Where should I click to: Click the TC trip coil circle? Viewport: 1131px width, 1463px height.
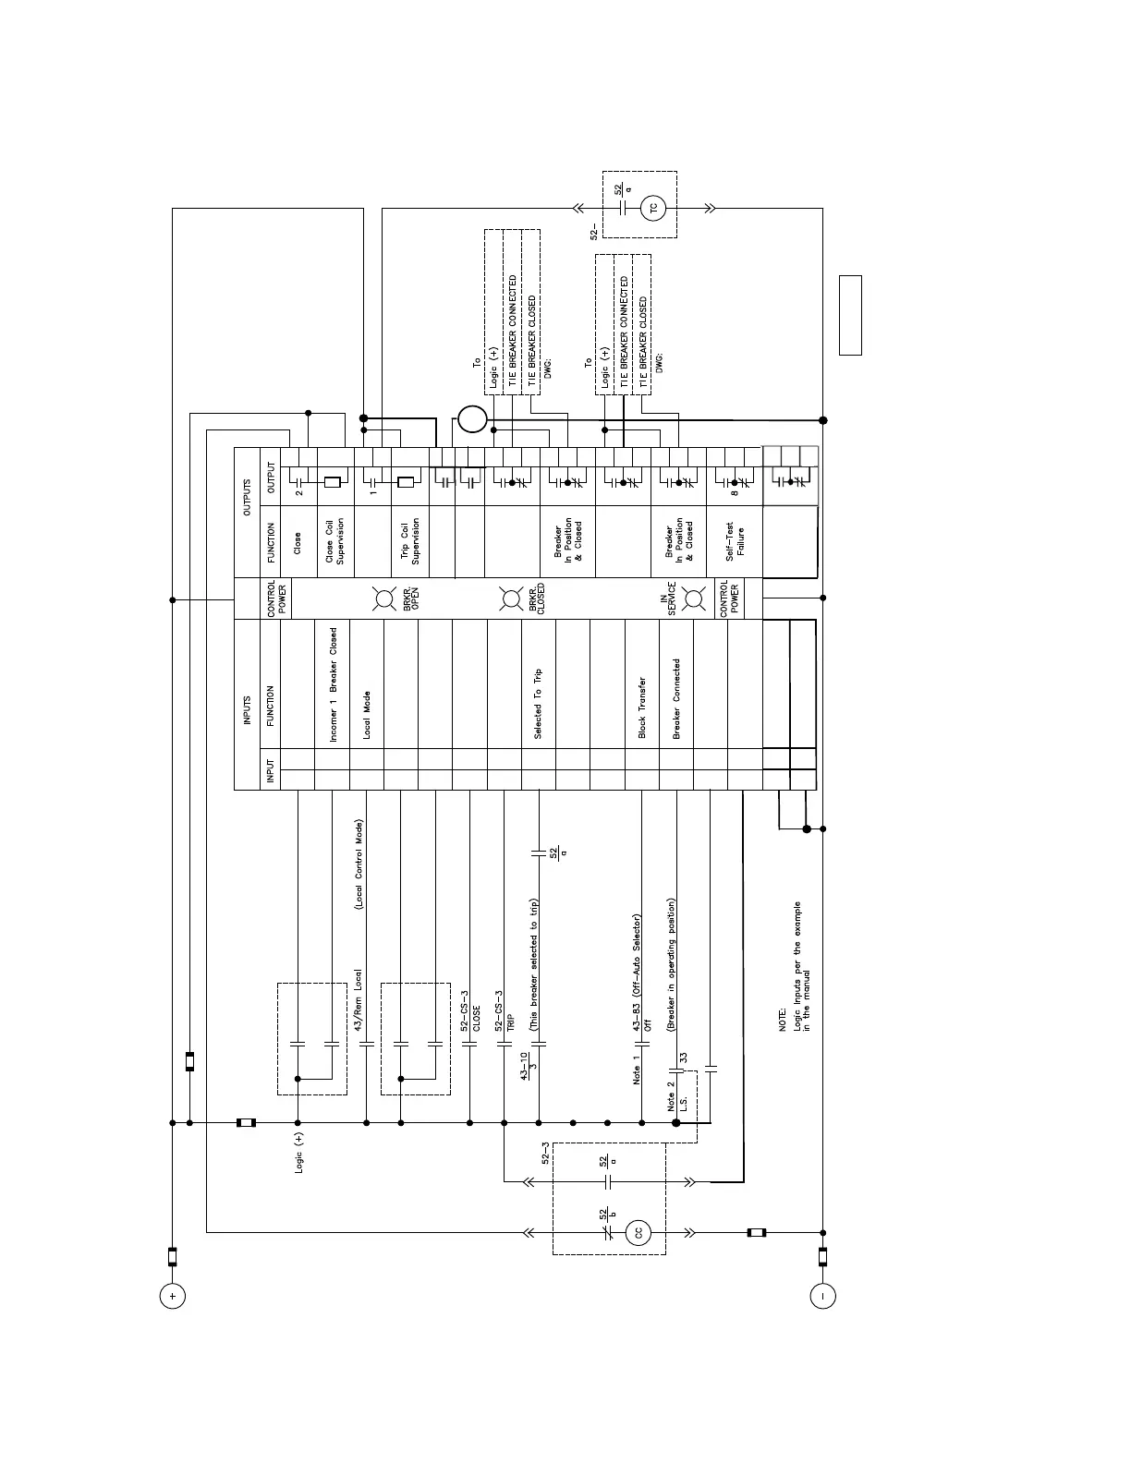(654, 208)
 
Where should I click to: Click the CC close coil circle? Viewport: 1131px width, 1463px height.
(638, 1232)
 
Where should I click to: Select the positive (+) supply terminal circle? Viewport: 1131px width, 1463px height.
(172, 1296)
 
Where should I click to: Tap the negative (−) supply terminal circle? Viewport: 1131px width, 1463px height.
(822, 1296)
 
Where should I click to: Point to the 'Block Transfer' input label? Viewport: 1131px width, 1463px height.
(642, 708)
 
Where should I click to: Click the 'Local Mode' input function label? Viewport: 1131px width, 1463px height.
(367, 715)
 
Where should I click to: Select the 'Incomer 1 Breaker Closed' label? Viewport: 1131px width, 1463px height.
(333, 684)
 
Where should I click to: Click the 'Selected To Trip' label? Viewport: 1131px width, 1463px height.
(539, 704)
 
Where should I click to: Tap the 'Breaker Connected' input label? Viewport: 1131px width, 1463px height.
(676, 698)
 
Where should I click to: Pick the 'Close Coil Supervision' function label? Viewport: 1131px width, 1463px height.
(334, 539)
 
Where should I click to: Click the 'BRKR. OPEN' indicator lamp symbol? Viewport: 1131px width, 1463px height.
(383, 598)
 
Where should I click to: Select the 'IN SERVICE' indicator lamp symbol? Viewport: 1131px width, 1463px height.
(695, 598)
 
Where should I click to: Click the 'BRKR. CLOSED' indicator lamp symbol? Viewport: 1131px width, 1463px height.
(510, 598)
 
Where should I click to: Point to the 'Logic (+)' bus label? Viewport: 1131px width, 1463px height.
(298, 1152)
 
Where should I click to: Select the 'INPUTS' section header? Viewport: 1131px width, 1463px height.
(247, 706)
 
